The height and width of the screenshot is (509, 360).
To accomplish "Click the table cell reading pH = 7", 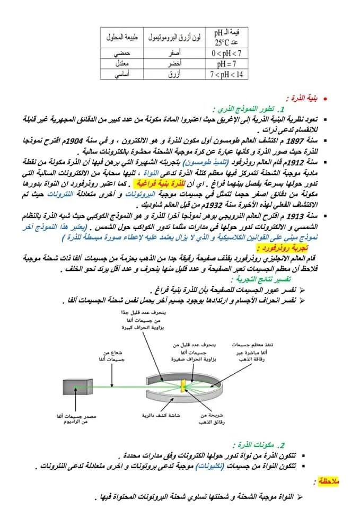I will point(229,64).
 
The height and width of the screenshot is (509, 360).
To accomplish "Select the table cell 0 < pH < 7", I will point(229,54).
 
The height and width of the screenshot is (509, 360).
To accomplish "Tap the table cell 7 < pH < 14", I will point(229,74).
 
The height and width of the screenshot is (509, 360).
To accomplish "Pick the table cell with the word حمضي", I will point(123,54).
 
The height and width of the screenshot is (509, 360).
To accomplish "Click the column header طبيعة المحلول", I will point(123,38).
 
